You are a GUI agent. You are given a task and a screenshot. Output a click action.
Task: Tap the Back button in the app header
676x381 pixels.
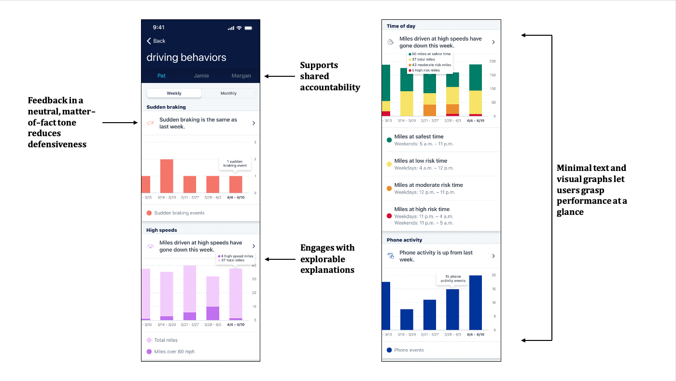(156, 41)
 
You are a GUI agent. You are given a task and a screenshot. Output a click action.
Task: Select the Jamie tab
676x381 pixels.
(201, 75)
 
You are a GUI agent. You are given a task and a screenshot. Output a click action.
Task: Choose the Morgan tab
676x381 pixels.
(241, 75)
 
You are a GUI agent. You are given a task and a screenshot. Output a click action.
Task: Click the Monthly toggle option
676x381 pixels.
(228, 93)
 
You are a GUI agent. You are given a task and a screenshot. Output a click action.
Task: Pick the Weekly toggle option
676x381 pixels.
(174, 93)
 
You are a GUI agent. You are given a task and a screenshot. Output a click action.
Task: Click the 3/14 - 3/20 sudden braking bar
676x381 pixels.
(167, 176)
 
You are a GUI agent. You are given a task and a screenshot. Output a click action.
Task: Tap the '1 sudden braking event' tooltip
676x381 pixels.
(235, 164)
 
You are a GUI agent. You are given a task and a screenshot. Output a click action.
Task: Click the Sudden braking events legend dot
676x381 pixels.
(149, 213)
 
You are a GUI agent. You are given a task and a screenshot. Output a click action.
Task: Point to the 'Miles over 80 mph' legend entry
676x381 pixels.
(171, 352)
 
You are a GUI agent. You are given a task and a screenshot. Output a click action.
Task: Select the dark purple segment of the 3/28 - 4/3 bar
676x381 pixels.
(213, 313)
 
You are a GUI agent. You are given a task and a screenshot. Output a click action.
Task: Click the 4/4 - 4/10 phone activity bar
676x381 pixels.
(476, 302)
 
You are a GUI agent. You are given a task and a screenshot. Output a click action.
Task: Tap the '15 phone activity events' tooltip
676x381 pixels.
(453, 279)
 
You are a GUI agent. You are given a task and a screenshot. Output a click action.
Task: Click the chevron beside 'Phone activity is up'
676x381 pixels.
(493, 256)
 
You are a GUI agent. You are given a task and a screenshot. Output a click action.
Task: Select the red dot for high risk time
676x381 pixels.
(389, 216)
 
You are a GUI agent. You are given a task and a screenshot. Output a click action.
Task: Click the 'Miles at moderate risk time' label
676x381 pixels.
(429, 185)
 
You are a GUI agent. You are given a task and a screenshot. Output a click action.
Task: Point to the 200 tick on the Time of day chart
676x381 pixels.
(493, 61)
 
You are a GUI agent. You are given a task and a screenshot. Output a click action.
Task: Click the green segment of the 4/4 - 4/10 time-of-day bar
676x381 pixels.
(476, 78)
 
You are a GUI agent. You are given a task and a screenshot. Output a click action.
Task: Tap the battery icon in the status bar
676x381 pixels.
(248, 28)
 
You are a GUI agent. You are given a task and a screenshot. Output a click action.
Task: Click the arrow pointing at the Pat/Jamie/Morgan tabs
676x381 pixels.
(280, 76)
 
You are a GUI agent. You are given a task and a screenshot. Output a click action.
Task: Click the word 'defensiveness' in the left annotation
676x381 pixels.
(57, 144)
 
